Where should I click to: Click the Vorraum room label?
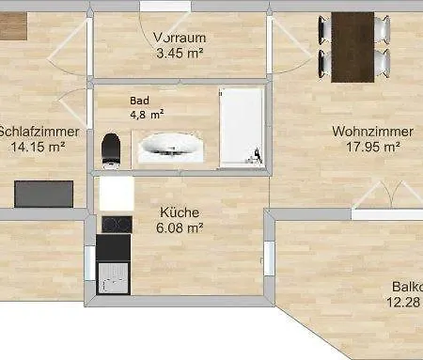tap(180, 37)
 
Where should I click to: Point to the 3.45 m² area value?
tap(180, 54)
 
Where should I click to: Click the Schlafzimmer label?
tap(31, 131)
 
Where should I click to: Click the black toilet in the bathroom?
tap(112, 148)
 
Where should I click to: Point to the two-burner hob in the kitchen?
tap(115, 224)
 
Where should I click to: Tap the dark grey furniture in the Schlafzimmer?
tap(43, 194)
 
